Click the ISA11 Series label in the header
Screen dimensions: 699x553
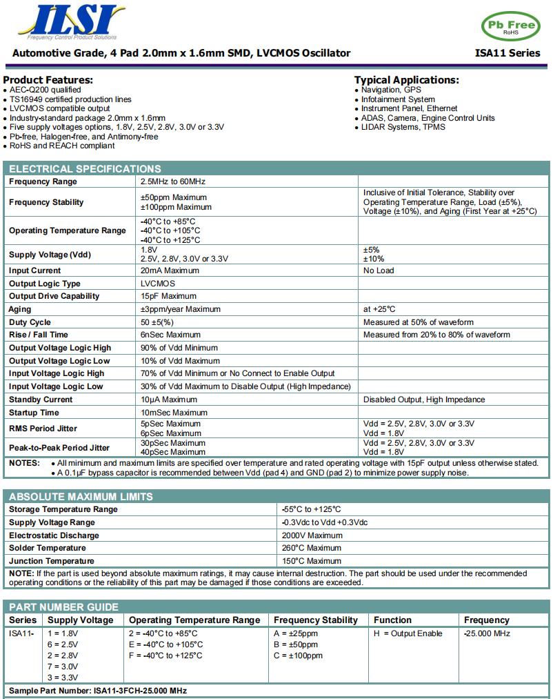click(507, 53)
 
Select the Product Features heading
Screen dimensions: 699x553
click(48, 80)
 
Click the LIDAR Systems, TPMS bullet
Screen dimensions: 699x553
click(403, 127)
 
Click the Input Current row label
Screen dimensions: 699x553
click(34, 270)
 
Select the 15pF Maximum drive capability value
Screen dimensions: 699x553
click(168, 296)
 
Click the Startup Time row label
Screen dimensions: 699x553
click(34, 413)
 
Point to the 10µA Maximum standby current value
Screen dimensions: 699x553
click(169, 400)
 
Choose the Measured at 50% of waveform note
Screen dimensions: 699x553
click(418, 322)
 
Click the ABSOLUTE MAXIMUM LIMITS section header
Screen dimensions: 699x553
click(81, 497)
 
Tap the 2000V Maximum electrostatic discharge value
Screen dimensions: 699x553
click(312, 535)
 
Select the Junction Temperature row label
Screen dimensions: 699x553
click(52, 561)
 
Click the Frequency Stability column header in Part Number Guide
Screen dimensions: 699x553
click(316, 620)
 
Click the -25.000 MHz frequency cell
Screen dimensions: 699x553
click(487, 633)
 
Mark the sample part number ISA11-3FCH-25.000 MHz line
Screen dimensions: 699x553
click(97, 691)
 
